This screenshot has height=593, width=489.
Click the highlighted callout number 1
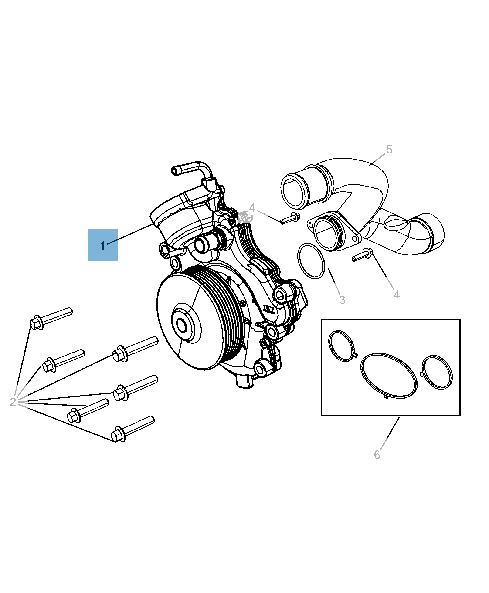coord(102,246)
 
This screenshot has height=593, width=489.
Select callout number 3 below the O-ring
coord(342,300)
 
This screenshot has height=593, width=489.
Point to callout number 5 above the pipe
coord(389,150)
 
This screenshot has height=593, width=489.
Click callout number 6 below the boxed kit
coord(377,455)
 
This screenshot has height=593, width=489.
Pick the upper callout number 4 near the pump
coord(252,208)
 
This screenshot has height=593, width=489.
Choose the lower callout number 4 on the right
coord(397,295)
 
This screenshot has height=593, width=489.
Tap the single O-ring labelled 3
coord(311,261)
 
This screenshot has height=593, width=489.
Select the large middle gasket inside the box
coord(389,376)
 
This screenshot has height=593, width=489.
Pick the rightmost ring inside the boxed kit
coord(437,373)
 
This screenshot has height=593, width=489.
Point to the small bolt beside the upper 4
coord(290,219)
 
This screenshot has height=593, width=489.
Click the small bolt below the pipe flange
coord(363,255)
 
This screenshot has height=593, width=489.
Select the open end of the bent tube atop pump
coord(176,171)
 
